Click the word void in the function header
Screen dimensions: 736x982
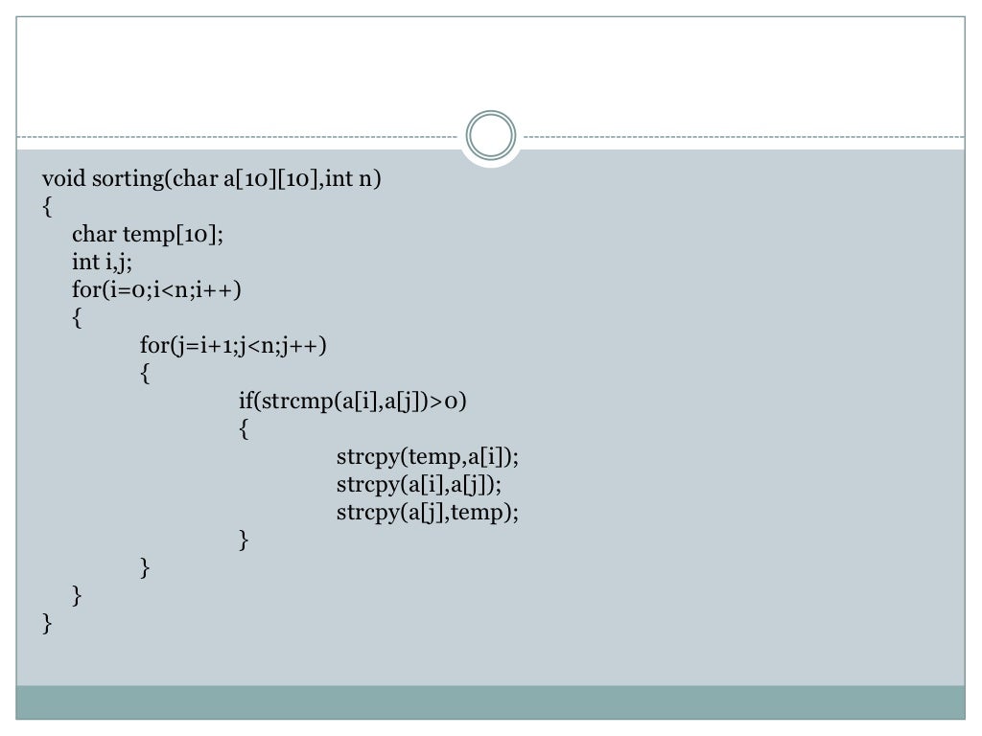tap(64, 178)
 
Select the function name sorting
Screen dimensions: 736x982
tap(129, 179)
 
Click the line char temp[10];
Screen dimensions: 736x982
tap(147, 234)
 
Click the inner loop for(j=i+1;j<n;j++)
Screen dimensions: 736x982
tap(233, 345)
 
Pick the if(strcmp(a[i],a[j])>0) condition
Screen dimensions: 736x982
tap(352, 401)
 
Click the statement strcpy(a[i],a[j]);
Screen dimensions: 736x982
tap(419, 484)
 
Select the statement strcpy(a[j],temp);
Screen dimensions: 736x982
tap(427, 512)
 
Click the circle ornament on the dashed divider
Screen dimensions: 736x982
tap(491, 136)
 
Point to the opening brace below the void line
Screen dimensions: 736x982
tap(48, 206)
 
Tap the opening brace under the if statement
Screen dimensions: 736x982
tap(245, 428)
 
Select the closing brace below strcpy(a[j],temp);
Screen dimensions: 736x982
tap(245, 540)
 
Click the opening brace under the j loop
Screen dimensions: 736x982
tap(146, 373)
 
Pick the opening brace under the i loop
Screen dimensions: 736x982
tap(78, 317)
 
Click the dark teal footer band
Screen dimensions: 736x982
tap(491, 701)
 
